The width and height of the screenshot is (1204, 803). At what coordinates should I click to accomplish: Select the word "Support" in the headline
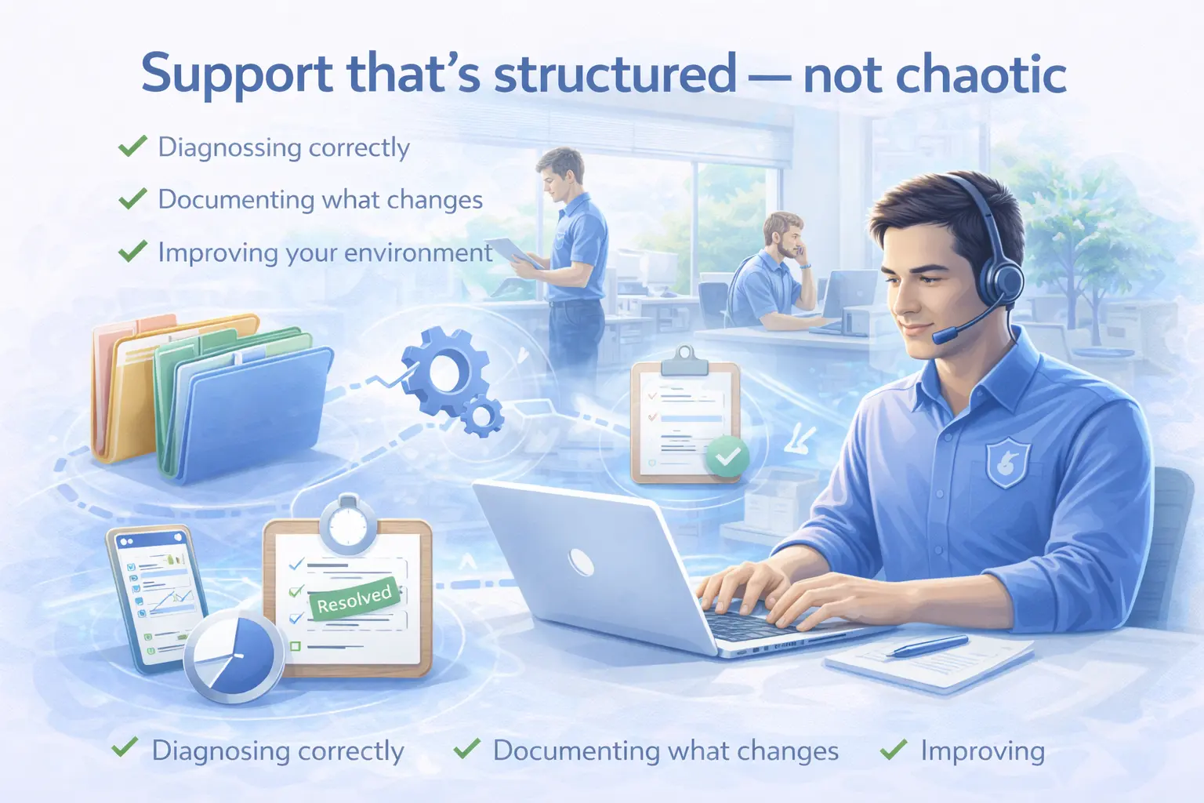(237, 76)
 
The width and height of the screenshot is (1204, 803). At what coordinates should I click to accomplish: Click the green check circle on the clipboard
(727, 456)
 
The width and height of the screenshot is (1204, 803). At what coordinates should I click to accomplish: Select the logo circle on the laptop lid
(581, 562)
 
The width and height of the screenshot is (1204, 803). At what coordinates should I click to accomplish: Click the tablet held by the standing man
(514, 253)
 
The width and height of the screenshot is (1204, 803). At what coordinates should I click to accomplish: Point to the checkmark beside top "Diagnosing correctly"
(132, 146)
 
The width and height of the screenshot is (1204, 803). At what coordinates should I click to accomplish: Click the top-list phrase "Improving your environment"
(325, 253)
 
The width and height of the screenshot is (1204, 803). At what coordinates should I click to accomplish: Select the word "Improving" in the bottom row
(982, 750)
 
